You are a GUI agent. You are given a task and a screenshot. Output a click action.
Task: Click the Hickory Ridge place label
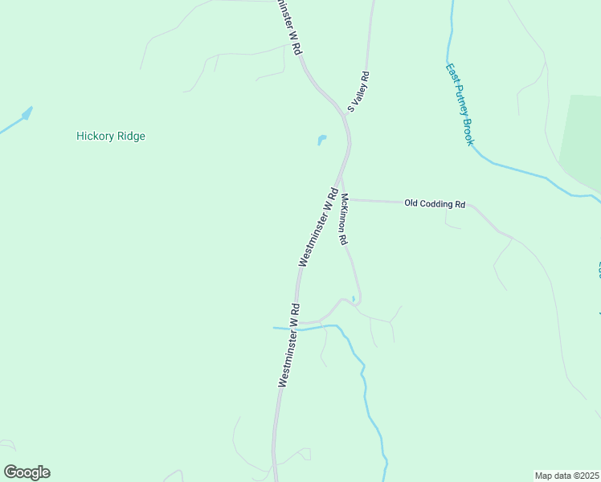click(111, 137)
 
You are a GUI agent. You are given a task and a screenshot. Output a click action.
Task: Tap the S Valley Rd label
click(358, 92)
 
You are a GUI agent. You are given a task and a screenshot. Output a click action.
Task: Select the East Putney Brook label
click(459, 104)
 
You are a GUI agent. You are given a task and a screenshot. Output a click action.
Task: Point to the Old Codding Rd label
click(435, 205)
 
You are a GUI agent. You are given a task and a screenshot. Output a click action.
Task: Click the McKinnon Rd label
click(344, 219)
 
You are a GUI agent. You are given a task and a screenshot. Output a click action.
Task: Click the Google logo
click(27, 472)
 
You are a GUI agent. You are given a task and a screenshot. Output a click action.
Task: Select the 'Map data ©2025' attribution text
click(566, 476)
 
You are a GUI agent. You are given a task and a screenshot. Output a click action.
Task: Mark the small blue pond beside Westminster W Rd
click(322, 140)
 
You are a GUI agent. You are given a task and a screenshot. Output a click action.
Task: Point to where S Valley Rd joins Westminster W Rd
click(345, 114)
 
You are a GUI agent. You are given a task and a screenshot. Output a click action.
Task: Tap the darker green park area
click(583, 141)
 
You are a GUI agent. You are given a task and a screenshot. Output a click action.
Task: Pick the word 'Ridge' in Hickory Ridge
click(130, 137)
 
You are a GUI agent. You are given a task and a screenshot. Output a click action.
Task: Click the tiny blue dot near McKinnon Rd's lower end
click(353, 299)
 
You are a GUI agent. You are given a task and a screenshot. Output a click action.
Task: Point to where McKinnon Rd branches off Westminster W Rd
click(340, 180)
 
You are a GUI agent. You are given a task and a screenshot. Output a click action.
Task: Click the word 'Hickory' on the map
click(94, 137)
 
